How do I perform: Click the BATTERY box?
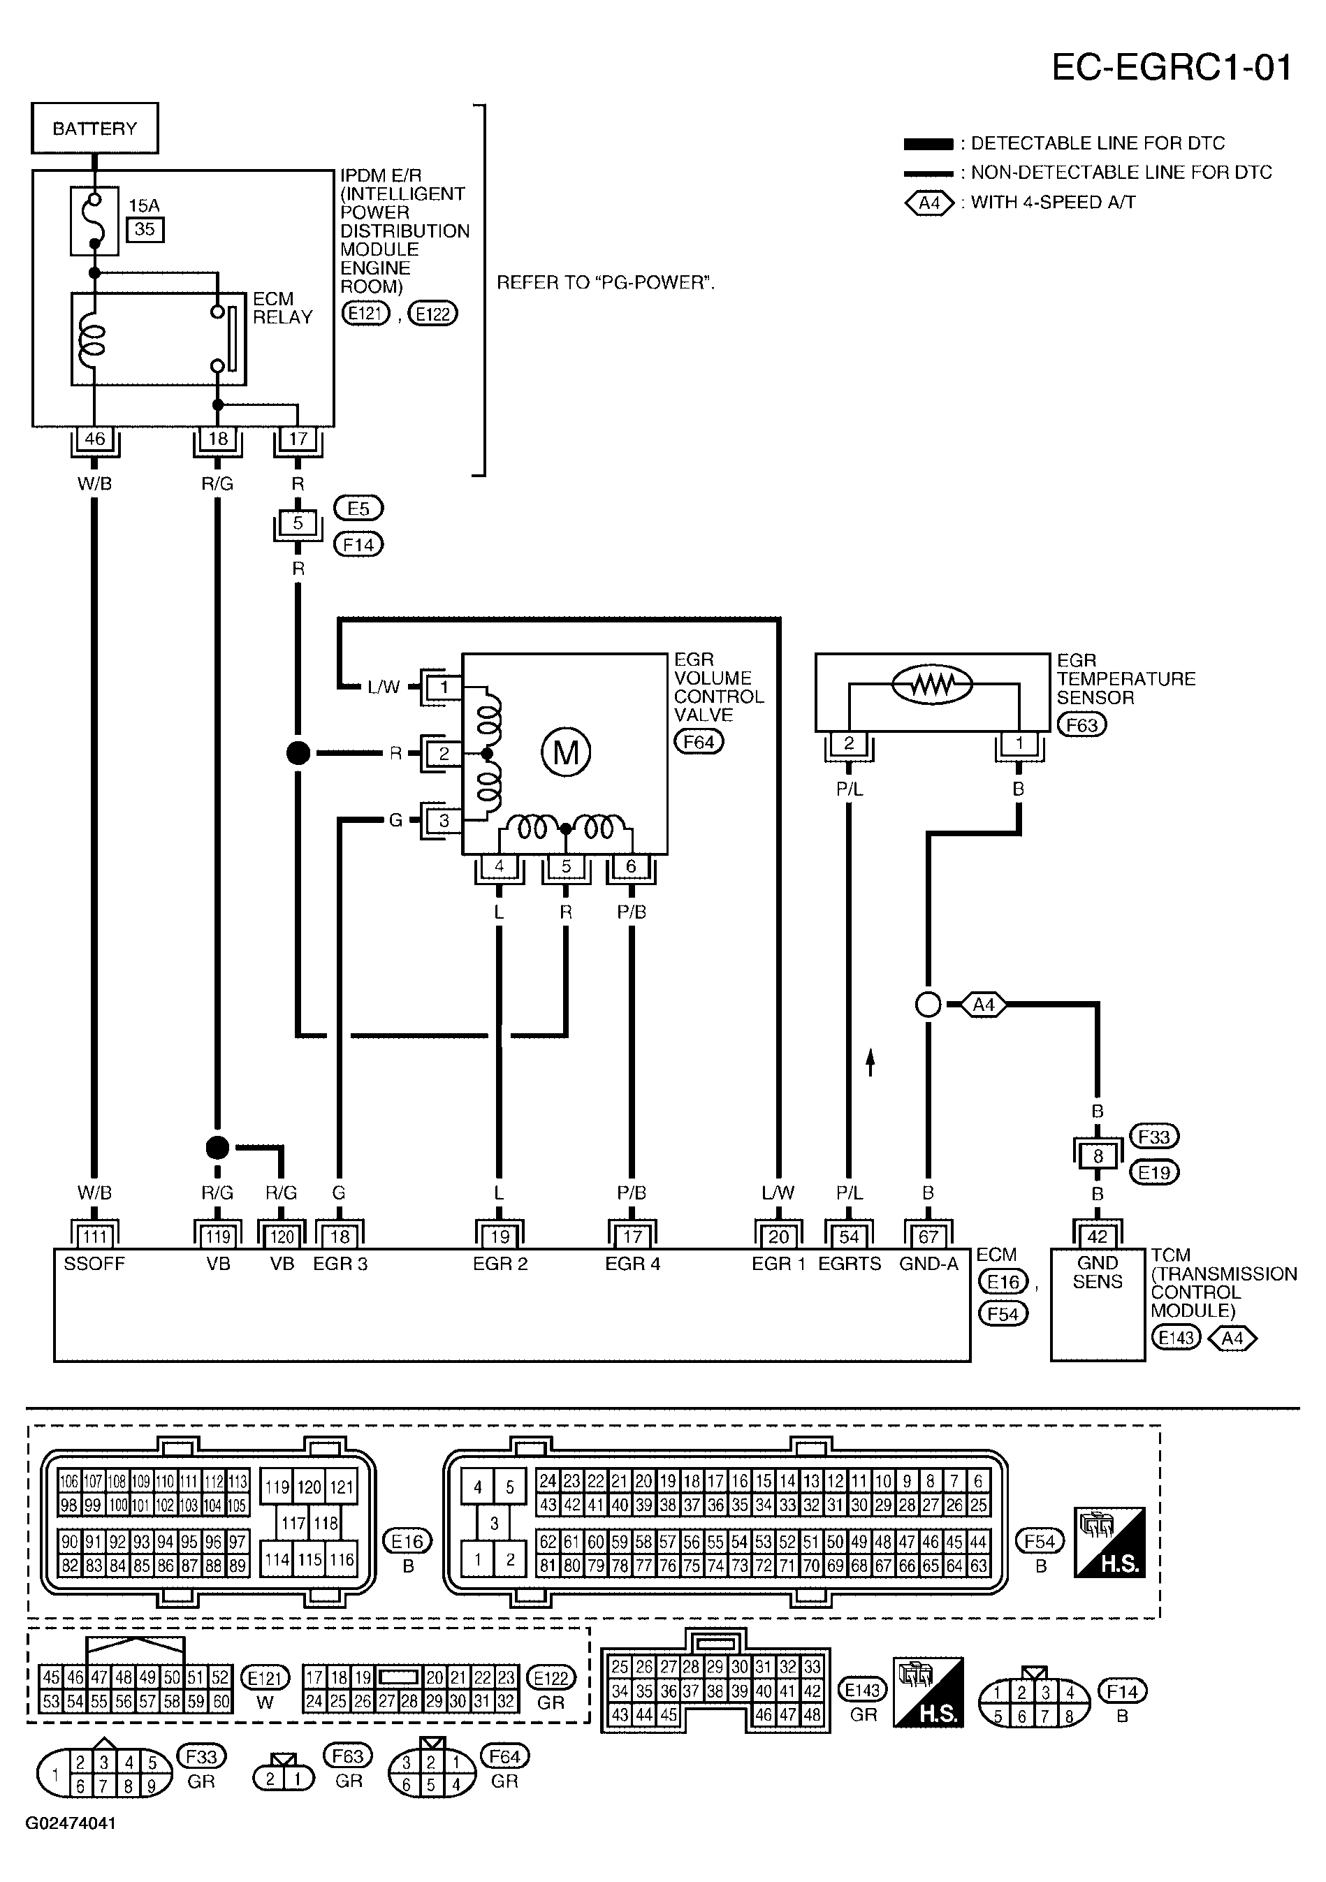(95, 128)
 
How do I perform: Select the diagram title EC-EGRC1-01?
(1172, 67)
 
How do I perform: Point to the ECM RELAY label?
(283, 308)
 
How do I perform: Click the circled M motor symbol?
(565, 752)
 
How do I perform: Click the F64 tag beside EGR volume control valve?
(699, 742)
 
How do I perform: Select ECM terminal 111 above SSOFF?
(94, 1236)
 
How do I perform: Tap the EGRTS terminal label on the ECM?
(850, 1264)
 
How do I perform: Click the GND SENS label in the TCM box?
(1098, 1272)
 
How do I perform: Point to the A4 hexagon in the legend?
(929, 202)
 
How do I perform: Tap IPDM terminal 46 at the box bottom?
(94, 439)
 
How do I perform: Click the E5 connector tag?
(358, 508)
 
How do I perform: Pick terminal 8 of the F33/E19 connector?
(1098, 1155)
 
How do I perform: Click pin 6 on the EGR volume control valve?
(631, 866)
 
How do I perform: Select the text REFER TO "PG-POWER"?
(606, 283)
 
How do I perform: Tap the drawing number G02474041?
(71, 1823)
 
